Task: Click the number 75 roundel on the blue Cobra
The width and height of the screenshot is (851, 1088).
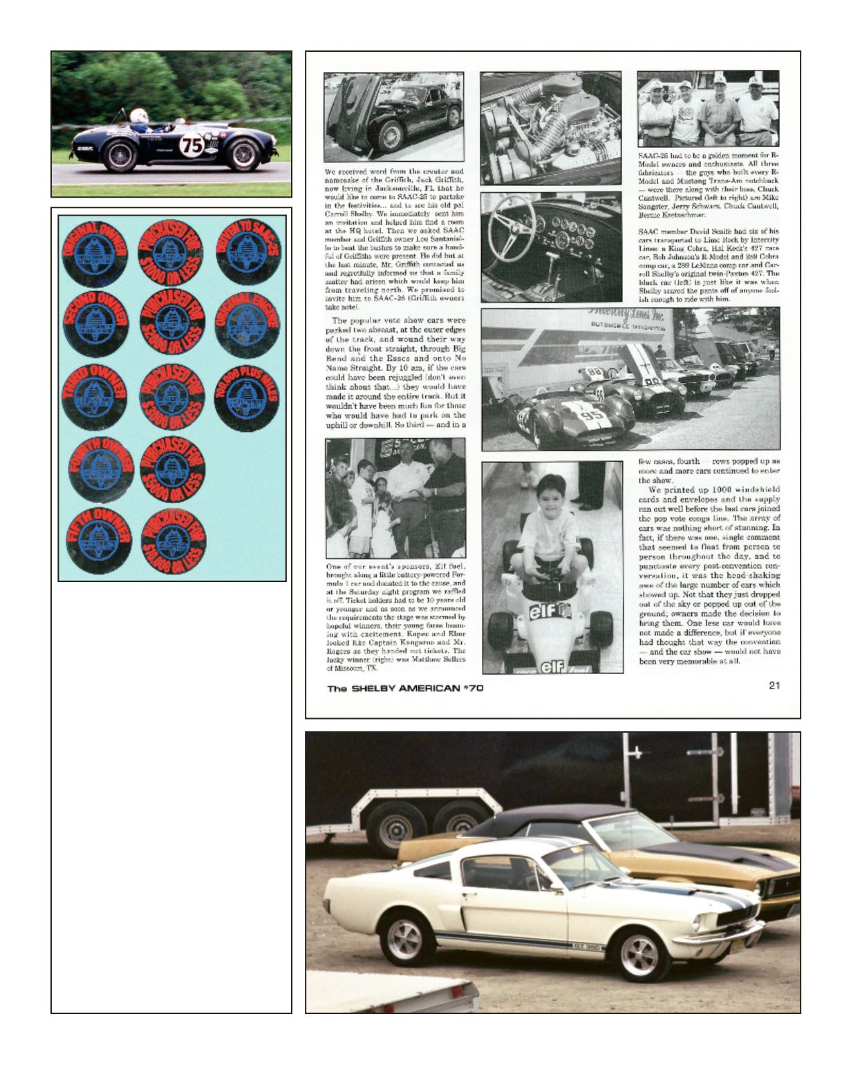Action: [x=189, y=146]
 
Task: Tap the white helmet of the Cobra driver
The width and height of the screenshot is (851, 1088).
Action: [x=140, y=115]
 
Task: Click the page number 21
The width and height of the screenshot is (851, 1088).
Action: [x=773, y=686]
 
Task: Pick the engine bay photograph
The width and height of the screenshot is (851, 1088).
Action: [x=550, y=129]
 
